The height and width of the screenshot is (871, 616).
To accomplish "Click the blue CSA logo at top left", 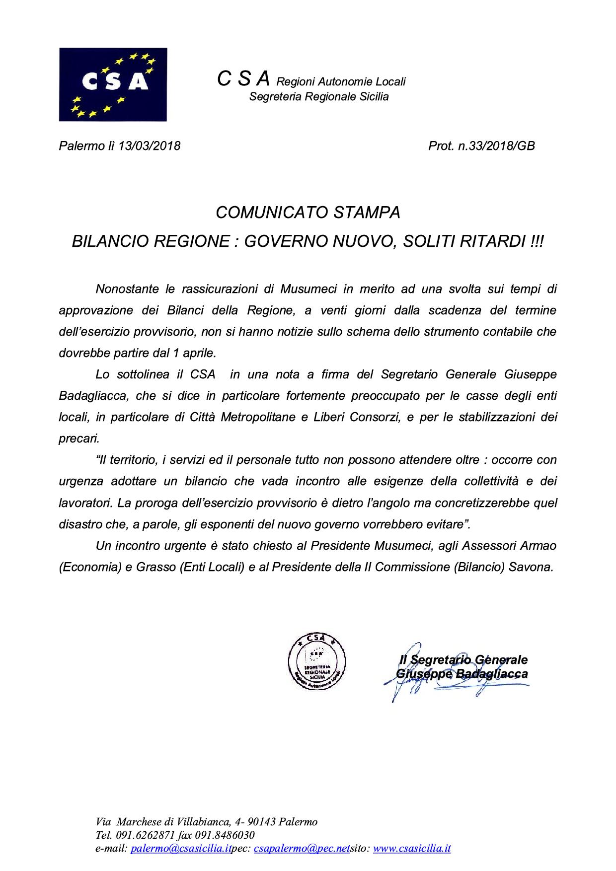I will (113, 84).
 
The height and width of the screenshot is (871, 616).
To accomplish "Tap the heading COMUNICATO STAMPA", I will (308, 213).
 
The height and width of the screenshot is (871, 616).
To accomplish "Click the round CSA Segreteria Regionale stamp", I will (317, 660).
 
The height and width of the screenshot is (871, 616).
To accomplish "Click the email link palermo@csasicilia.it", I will (181, 849).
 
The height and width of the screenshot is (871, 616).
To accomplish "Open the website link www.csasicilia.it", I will (412, 849).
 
